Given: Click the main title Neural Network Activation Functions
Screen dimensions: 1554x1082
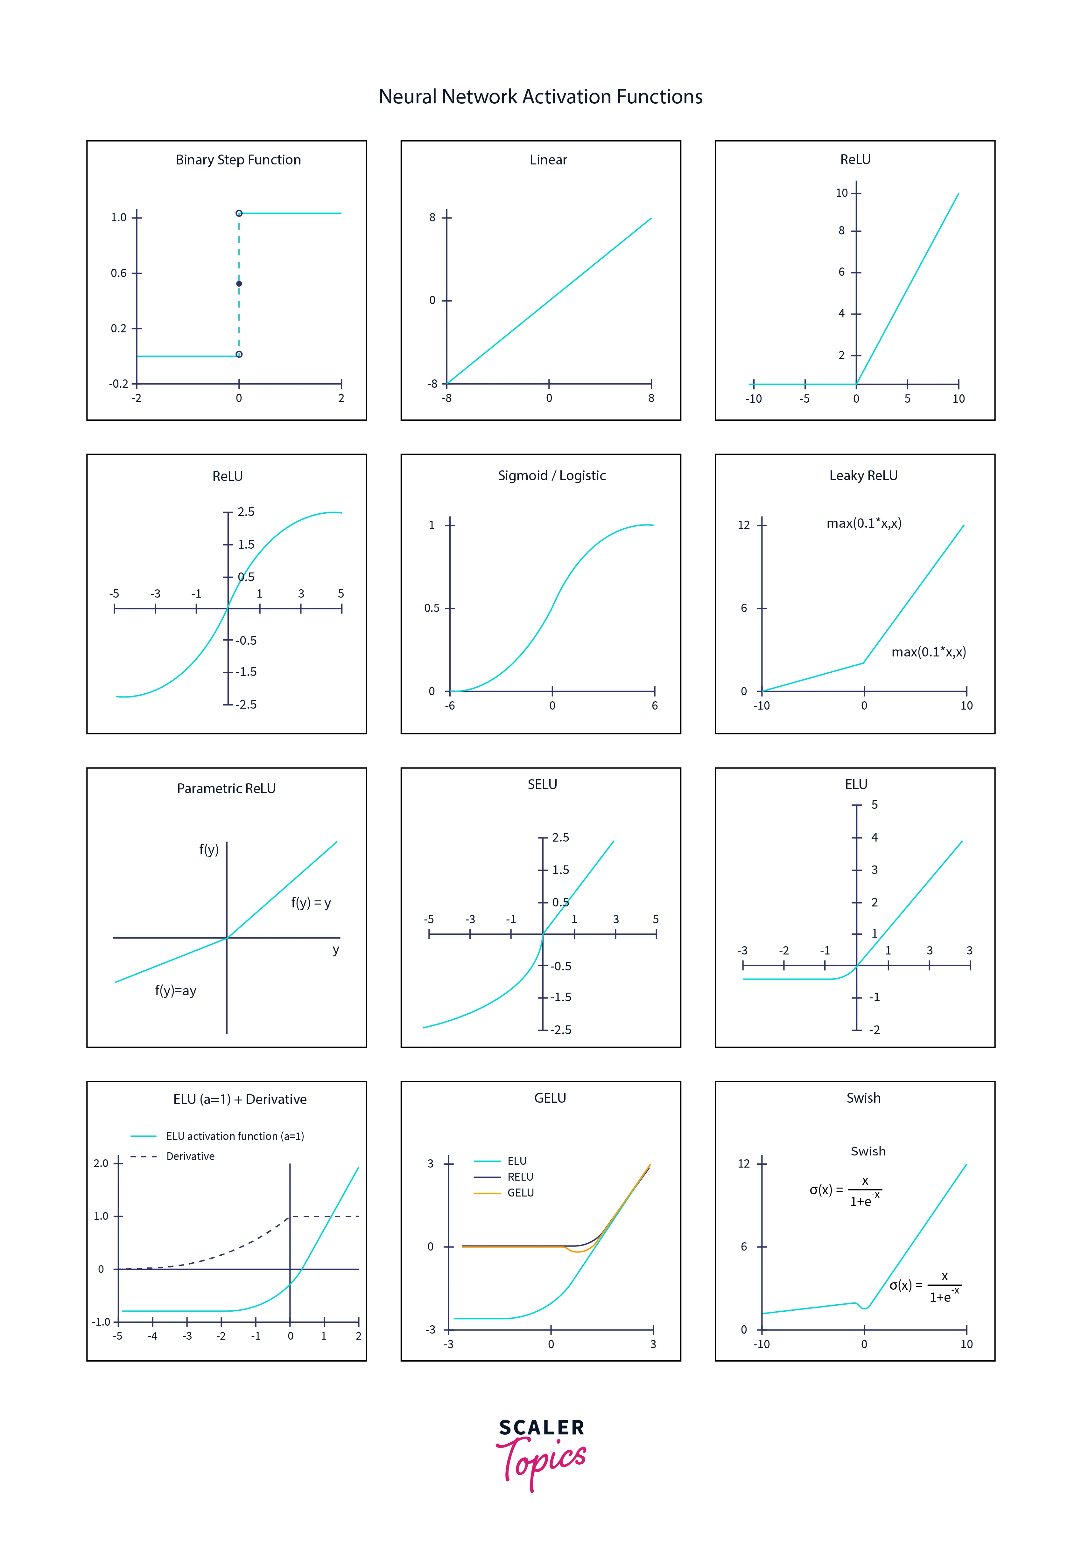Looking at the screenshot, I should [x=540, y=97].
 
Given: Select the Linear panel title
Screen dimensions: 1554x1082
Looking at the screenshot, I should [x=548, y=160].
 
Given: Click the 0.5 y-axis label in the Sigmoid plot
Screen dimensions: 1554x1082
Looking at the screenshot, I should [x=431, y=608].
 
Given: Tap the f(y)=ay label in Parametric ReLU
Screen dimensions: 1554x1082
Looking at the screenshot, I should [x=175, y=991].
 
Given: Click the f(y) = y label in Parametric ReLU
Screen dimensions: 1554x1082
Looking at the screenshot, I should [x=311, y=903].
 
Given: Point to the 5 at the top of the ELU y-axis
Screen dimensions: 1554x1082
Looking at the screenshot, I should [x=874, y=805].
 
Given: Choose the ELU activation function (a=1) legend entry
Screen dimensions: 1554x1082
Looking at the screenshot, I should [x=234, y=1136].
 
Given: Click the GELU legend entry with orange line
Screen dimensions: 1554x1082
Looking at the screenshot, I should [x=520, y=1193].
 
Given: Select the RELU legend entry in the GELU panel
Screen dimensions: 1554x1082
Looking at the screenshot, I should [x=520, y=1176].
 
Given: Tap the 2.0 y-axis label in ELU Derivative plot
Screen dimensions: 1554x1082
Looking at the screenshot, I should [x=101, y=1163].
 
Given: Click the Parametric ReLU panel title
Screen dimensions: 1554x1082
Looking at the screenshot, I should [x=226, y=788].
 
